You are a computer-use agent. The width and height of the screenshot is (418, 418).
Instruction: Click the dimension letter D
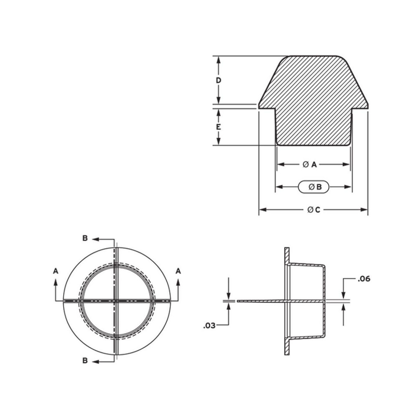coord(218,80)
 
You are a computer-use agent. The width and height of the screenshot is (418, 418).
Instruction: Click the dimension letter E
coord(218,127)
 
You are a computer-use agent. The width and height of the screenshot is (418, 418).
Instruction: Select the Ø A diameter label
coord(310,164)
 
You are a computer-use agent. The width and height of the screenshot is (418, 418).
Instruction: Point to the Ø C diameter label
coord(313,210)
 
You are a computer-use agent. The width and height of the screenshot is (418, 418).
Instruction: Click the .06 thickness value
coord(364,279)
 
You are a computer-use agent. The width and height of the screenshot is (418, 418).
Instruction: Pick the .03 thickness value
coord(209,326)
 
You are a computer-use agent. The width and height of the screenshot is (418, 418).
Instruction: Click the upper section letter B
coord(85,238)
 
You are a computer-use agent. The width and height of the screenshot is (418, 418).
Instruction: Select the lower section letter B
coord(85,361)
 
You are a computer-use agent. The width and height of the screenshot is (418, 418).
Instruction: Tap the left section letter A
coord(56,271)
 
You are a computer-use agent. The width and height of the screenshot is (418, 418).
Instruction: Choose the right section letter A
coord(178,271)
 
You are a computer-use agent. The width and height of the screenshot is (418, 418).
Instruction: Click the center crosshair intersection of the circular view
coord(117,301)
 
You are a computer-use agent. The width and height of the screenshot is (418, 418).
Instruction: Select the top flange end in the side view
coord(287,250)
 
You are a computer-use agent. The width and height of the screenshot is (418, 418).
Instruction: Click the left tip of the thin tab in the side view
coord(238,301)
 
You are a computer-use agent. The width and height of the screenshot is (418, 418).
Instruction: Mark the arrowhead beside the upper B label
coord(95,239)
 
